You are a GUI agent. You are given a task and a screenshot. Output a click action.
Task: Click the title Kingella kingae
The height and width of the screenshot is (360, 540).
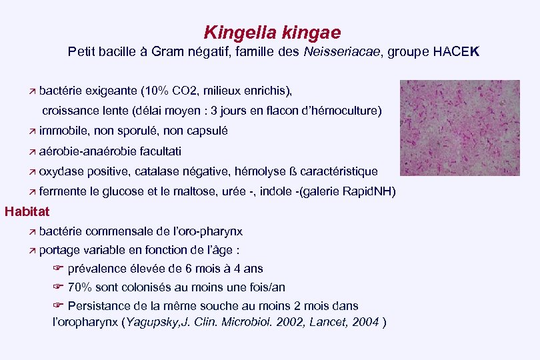272,32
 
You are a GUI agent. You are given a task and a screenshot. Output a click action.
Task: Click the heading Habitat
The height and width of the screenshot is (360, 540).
27,212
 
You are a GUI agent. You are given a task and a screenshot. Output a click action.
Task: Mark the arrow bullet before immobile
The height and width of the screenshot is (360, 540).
31,131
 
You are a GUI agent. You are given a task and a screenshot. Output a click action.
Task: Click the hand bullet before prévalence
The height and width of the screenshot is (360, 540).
57,269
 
